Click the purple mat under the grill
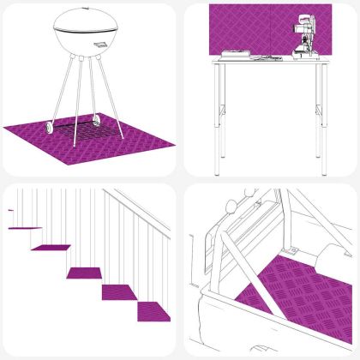pos(34,135)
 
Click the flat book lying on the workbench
pos(237,56)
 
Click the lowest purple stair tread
pos(153,308)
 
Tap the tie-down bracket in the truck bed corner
pos(293,251)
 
